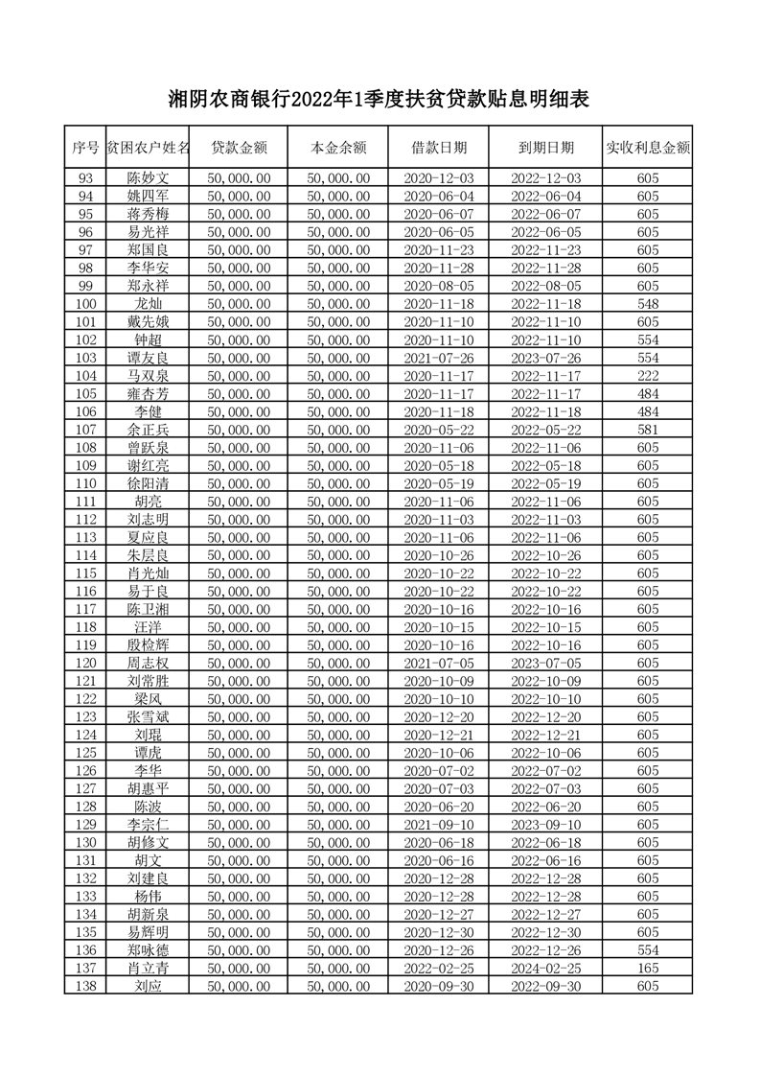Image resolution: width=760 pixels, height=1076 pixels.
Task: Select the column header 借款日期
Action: [x=439, y=148]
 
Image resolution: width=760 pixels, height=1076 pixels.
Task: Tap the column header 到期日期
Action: [x=546, y=148]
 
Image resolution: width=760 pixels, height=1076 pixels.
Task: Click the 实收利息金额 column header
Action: [x=648, y=148]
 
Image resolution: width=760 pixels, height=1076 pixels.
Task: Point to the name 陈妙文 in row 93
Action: [x=148, y=178]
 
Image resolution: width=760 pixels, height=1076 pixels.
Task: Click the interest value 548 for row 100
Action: [x=648, y=304]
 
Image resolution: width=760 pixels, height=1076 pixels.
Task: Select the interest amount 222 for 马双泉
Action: [x=648, y=376]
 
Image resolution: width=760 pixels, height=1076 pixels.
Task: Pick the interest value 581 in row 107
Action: [x=648, y=430]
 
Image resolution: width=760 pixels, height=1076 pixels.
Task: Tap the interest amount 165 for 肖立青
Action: [x=648, y=968]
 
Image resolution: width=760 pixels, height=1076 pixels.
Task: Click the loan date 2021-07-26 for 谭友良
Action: [x=439, y=358]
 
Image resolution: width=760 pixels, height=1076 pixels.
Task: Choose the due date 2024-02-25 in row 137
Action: [x=546, y=968]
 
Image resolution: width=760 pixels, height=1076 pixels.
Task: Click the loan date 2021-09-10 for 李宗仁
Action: [x=439, y=824]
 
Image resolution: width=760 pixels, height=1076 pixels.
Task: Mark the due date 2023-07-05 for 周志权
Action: [x=546, y=663]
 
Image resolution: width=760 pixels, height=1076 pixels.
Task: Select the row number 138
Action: [x=85, y=986]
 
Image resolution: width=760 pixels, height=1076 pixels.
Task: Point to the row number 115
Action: [x=85, y=573]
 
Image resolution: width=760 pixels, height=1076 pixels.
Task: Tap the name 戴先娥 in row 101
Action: [x=148, y=322]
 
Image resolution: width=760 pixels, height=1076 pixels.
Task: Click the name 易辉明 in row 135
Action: [x=148, y=932]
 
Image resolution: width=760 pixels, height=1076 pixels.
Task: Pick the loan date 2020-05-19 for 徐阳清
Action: [x=439, y=483]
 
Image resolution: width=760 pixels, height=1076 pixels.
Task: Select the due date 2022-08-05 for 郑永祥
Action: [x=546, y=286]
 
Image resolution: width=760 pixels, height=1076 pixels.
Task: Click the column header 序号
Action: [x=85, y=148]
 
